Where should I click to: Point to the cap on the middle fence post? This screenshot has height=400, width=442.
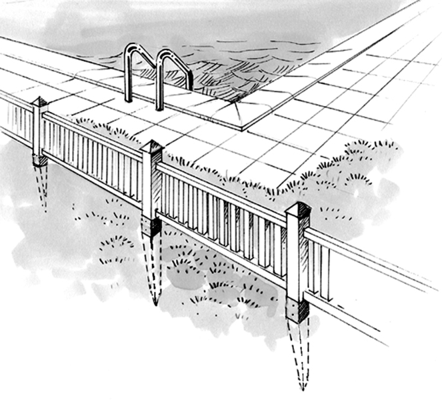(x=152, y=147)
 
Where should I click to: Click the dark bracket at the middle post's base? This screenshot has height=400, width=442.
(x=151, y=227)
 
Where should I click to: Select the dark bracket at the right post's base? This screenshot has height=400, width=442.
(x=297, y=309)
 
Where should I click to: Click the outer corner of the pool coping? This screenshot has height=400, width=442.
(x=244, y=127)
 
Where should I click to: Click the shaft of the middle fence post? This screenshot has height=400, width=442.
(x=151, y=187)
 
